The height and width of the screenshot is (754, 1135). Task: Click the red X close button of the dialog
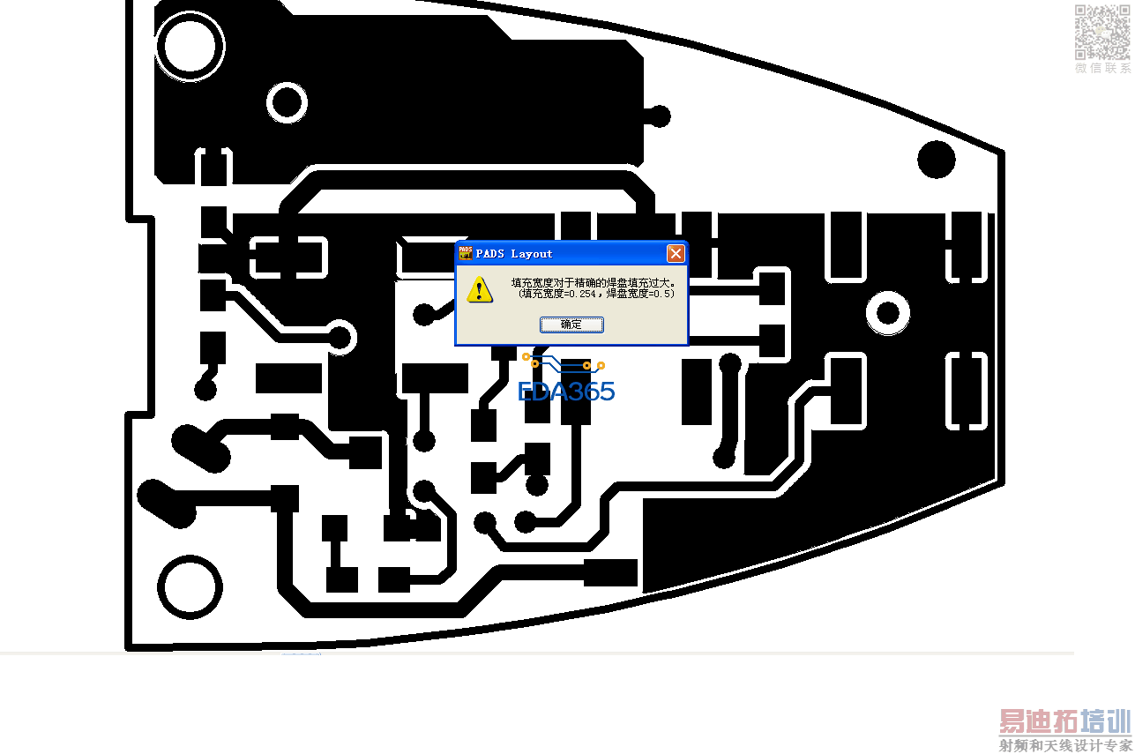tap(676, 254)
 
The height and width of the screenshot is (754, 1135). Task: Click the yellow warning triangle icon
tap(480, 289)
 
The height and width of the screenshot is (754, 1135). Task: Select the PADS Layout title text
tap(514, 254)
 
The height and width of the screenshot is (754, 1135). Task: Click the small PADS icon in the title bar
tap(465, 253)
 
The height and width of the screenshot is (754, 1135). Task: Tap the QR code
tap(1101, 32)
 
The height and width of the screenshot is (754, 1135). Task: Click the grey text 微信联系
tap(1102, 68)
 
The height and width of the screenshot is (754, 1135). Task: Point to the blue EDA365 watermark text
tap(566, 392)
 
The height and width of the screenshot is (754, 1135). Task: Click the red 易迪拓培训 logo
tap(1064, 721)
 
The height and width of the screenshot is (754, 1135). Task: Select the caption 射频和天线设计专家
tap(1064, 746)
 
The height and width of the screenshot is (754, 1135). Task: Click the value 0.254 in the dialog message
tap(584, 295)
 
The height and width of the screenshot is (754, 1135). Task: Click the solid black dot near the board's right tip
tap(936, 161)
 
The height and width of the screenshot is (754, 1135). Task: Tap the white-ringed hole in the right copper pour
tap(888, 313)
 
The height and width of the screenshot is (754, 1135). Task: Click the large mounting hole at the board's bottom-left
tap(189, 586)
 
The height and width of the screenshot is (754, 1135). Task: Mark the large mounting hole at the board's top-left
tap(189, 44)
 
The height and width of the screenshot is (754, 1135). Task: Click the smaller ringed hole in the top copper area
tap(287, 102)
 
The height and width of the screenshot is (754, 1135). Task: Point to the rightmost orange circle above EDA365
tap(601, 365)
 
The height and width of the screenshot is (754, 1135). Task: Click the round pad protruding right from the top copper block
tap(658, 116)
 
